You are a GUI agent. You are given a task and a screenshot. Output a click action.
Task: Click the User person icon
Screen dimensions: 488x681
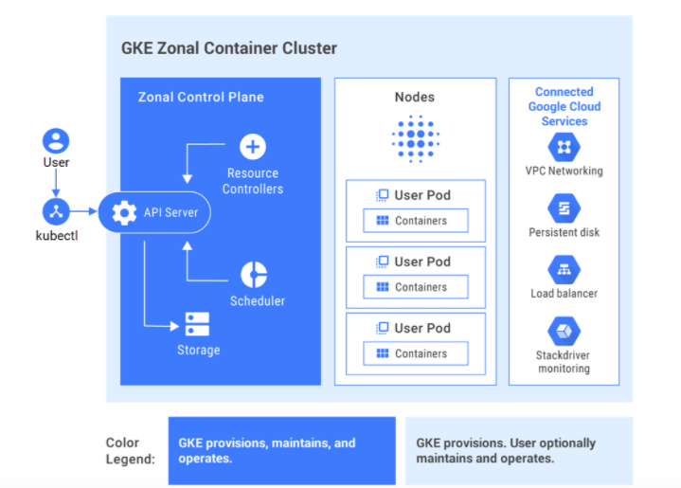pyautogui.click(x=56, y=141)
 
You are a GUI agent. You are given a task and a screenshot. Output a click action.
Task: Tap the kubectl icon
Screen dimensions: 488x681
pyautogui.click(x=56, y=211)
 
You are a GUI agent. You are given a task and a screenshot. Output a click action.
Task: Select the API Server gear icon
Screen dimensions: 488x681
pyautogui.click(x=124, y=212)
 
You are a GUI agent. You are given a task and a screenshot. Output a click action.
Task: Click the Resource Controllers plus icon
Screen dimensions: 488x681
pyautogui.click(x=252, y=147)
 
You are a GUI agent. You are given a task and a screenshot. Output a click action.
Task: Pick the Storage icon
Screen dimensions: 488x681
pyautogui.click(x=197, y=324)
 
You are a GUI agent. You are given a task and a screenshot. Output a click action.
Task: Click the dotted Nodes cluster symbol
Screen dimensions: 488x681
pyautogui.click(x=415, y=140)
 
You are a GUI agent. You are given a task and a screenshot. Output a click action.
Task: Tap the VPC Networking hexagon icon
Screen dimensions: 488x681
pyautogui.click(x=564, y=147)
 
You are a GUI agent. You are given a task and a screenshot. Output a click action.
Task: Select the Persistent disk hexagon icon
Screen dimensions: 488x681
pyautogui.click(x=564, y=208)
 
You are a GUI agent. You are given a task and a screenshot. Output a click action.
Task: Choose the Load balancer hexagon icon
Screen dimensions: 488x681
pyautogui.click(x=564, y=270)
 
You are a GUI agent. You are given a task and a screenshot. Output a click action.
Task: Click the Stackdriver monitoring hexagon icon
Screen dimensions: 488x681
pyautogui.click(x=564, y=332)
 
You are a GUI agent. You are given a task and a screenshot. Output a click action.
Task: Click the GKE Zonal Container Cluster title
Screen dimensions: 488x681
pyautogui.click(x=228, y=48)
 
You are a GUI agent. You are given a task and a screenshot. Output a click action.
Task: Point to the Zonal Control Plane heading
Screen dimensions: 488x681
pyautogui.click(x=201, y=97)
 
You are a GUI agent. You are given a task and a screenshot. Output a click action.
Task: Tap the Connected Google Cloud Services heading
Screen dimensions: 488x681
pyautogui.click(x=564, y=106)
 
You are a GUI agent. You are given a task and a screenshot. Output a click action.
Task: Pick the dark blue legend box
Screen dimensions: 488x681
pyautogui.click(x=281, y=450)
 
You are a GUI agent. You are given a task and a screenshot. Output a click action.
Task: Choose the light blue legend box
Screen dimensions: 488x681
pyautogui.click(x=518, y=450)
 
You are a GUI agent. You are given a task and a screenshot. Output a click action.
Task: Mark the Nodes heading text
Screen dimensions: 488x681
pyautogui.click(x=415, y=97)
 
